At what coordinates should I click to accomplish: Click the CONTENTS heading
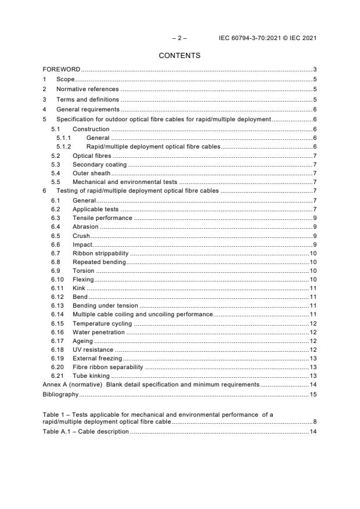click(179, 56)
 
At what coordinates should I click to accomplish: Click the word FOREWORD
click(62, 70)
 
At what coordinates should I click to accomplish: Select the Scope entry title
click(66, 79)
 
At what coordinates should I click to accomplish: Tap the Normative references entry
click(87, 89)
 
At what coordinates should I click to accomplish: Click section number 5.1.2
click(63, 147)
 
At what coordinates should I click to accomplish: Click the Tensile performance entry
click(102, 218)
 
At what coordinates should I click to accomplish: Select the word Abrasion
click(85, 226)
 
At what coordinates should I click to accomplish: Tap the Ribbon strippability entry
click(100, 253)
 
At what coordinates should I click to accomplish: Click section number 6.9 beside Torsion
click(56, 270)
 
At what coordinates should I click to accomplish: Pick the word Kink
click(79, 288)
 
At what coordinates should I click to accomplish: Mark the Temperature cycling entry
click(102, 323)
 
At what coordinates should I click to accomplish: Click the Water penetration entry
click(98, 332)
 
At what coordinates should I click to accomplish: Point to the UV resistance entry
click(92, 349)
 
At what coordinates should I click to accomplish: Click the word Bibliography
click(60, 395)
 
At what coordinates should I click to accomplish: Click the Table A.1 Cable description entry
click(85, 432)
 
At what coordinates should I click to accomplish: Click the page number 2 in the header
click(179, 38)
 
